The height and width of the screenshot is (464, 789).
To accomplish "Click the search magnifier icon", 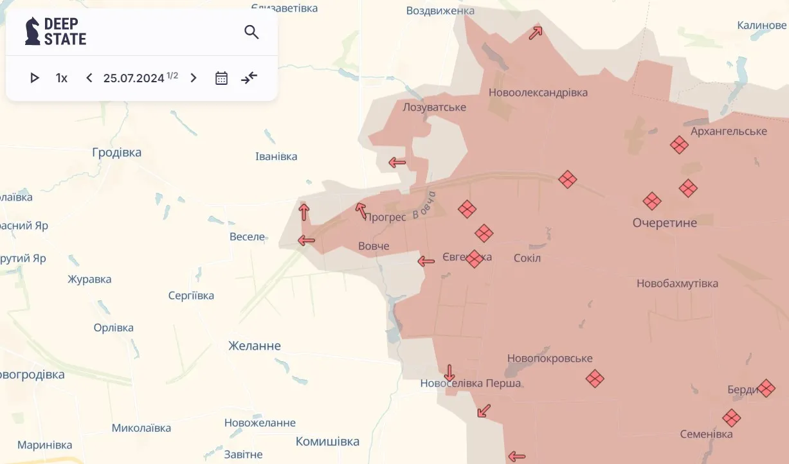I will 251,32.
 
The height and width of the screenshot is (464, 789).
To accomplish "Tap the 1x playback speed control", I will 62,78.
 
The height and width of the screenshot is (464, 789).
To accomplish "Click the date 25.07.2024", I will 134,78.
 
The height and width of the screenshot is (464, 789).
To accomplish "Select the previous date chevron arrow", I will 89,78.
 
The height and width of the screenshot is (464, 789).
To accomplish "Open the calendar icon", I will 221,78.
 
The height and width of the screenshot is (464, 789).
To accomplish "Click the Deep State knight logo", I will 32,31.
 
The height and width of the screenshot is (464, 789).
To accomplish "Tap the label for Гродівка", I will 116,153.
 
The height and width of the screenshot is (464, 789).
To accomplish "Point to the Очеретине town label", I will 665,223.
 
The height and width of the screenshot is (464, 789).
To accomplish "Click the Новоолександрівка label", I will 538,93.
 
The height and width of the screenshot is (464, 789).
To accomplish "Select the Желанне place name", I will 255,346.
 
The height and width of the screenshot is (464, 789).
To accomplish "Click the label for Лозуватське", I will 434,107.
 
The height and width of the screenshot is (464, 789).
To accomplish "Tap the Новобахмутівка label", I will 677,283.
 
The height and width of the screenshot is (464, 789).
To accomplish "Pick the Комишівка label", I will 327,442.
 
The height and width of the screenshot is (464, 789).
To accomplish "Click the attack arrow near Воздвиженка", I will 536,33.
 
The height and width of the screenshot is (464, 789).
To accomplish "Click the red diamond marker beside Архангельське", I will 679,145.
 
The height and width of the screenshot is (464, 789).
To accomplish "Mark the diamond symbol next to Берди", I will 766,388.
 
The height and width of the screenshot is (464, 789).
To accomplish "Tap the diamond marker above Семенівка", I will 731,418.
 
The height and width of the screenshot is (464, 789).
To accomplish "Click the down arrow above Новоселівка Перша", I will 449,373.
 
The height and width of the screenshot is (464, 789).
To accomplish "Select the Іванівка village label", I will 277,157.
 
